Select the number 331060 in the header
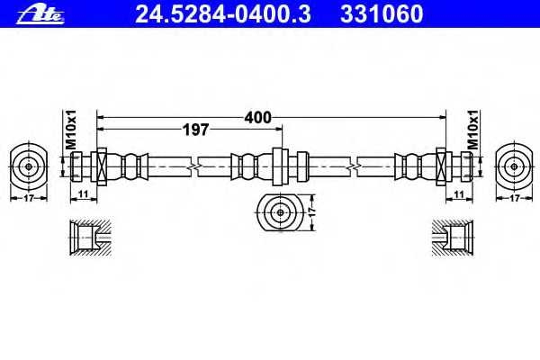(x=379, y=13)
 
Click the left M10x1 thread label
(x=71, y=128)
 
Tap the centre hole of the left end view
(x=29, y=166)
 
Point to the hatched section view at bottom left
(x=89, y=238)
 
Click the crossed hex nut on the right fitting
(x=442, y=166)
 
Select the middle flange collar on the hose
(x=280, y=166)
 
